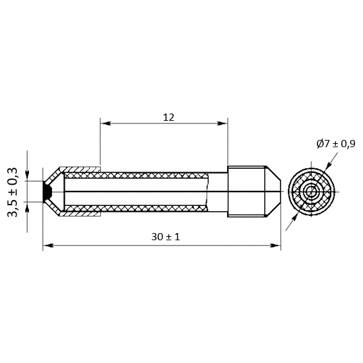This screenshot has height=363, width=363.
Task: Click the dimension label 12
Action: (x=168, y=117)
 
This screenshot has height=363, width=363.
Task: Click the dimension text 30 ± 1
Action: (x=166, y=237)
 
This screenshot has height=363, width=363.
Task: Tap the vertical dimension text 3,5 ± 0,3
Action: (x=13, y=192)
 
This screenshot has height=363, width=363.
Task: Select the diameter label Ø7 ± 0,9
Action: (x=336, y=144)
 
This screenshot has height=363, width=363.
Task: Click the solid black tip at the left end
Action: (x=47, y=191)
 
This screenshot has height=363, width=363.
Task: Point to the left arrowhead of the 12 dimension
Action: (x=106, y=123)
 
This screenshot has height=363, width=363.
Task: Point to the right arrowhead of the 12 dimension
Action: (x=222, y=123)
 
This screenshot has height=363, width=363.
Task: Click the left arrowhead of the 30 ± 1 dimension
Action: (x=48, y=246)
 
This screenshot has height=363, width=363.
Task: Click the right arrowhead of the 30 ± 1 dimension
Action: (x=275, y=246)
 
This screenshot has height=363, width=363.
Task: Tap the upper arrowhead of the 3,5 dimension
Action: (x=27, y=176)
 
